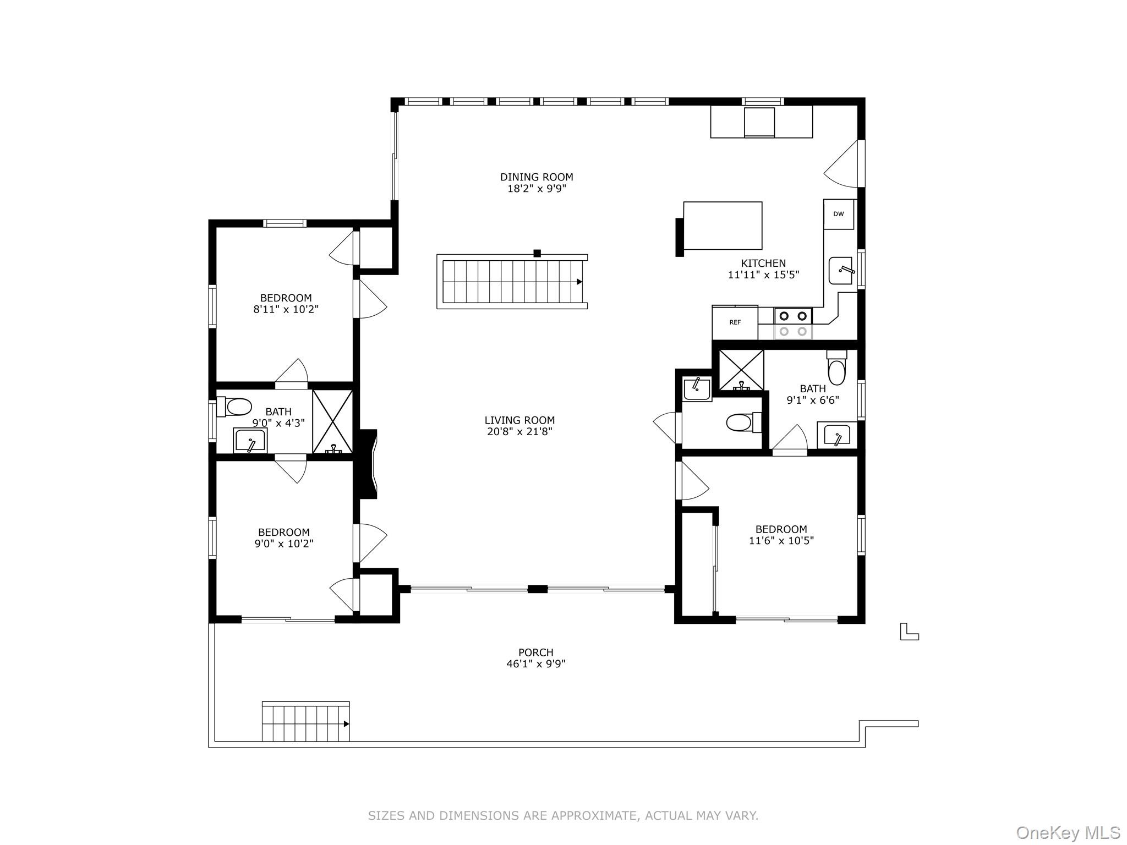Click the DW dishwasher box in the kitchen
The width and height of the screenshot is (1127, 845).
[x=838, y=214]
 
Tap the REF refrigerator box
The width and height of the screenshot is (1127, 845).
[x=735, y=322]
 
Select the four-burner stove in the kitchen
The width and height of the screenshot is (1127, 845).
[x=793, y=323]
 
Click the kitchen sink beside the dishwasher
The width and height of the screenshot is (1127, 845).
[x=840, y=270]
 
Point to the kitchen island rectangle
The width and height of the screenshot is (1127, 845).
[x=723, y=226]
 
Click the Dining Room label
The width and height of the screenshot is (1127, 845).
[x=536, y=177]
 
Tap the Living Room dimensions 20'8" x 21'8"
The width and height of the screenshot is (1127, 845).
[x=519, y=432]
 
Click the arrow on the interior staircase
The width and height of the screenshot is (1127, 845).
[x=579, y=282]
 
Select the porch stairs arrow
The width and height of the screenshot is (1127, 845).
[x=346, y=724]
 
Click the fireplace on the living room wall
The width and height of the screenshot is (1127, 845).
[x=368, y=464]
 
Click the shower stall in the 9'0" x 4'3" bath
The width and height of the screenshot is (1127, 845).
[x=332, y=421]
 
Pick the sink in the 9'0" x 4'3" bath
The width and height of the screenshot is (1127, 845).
[x=250, y=440]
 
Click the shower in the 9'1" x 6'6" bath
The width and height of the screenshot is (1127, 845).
[x=741, y=370]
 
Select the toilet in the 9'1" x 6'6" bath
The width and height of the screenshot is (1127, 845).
[x=836, y=368]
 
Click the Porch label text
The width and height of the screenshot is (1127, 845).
[x=535, y=652]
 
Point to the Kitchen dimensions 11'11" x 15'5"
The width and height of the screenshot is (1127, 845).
[x=763, y=275]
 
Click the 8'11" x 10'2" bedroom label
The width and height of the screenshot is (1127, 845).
[x=286, y=304]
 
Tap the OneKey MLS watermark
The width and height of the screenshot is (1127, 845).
[x=1068, y=832]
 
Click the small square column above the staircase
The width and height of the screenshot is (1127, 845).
[x=537, y=254]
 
